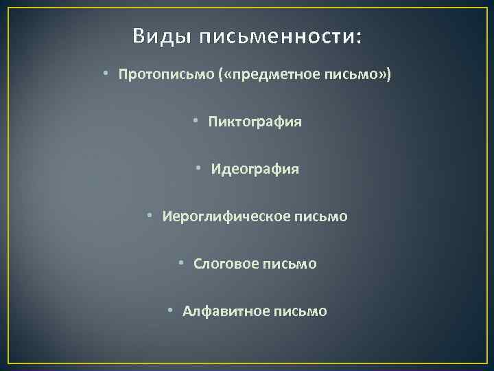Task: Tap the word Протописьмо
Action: click(x=167, y=74)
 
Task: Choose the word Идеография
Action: click(x=256, y=169)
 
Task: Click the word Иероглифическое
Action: click(x=227, y=216)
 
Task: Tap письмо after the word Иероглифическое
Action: click(x=322, y=216)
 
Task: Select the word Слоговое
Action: click(x=225, y=264)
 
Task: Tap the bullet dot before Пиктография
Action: click(x=196, y=122)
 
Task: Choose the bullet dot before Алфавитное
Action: click(x=172, y=311)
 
